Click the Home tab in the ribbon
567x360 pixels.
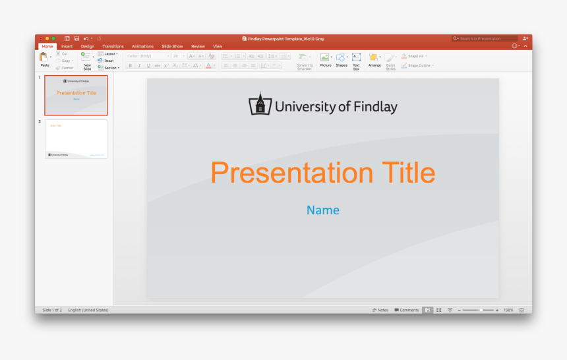47,46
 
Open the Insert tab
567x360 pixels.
67,46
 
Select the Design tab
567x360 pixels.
88,46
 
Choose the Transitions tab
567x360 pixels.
113,46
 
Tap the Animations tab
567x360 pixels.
142,46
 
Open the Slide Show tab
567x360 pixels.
172,46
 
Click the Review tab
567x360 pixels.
198,46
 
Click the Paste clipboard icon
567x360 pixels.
44,58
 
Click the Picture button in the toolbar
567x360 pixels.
326,59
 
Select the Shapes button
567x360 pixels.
341,59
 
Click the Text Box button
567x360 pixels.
356,59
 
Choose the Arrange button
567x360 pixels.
374,59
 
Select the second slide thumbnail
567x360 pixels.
76,138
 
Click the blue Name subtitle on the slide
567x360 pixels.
323,210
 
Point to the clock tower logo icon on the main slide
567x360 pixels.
260,104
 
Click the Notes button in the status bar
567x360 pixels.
380,310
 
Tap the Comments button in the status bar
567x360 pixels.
407,310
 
